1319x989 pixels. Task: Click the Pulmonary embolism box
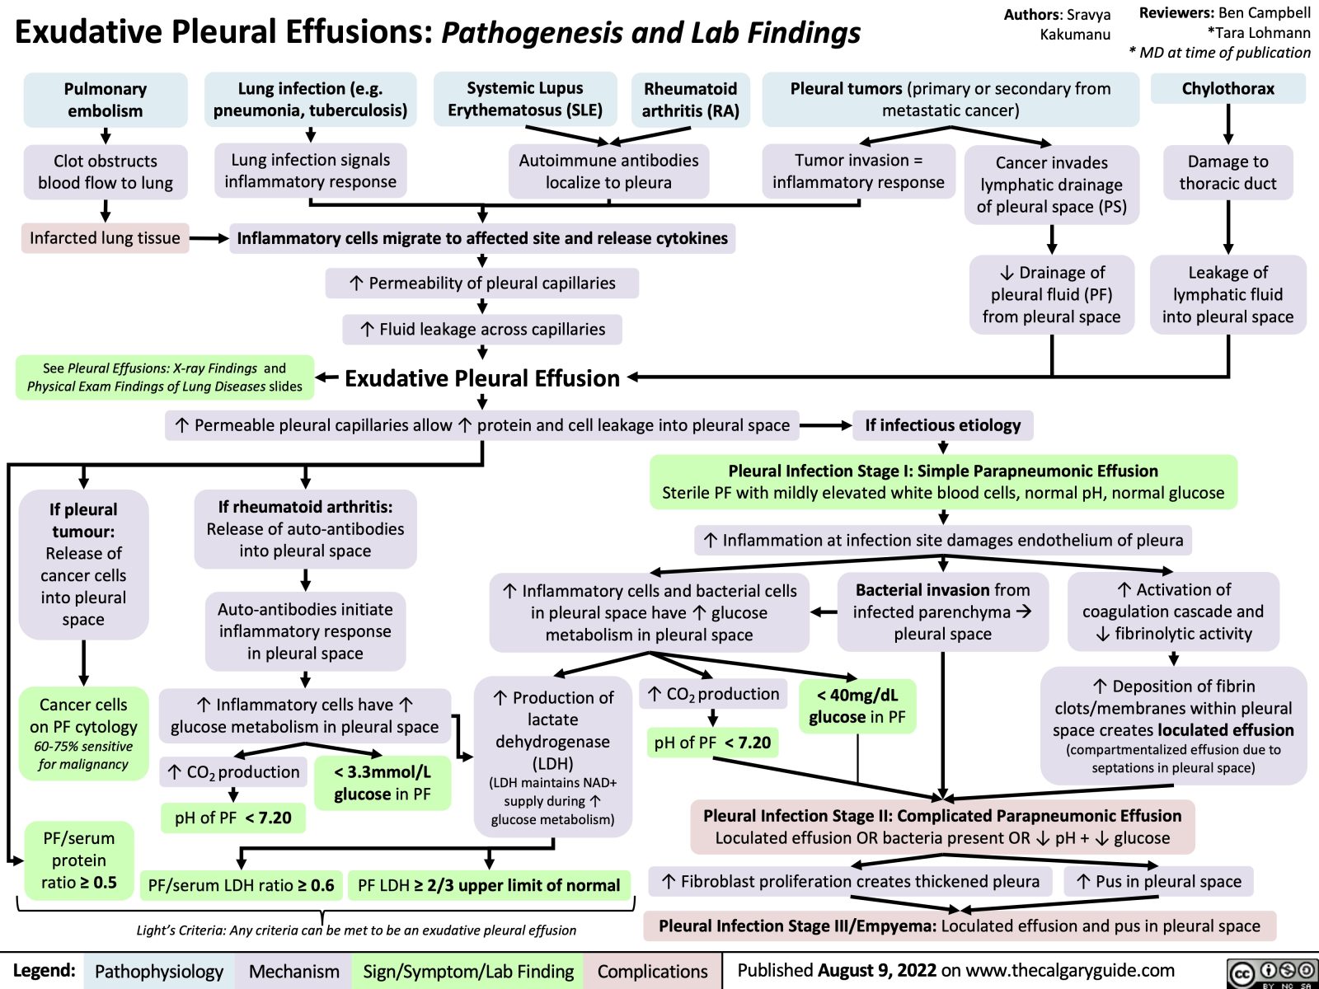click(x=106, y=100)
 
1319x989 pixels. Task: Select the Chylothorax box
click(x=1227, y=89)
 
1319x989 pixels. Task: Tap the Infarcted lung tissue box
click(x=105, y=238)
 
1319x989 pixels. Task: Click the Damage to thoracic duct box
click(x=1227, y=172)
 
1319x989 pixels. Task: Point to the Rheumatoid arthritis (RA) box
click(x=690, y=100)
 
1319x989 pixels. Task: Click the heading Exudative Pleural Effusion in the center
click(x=481, y=378)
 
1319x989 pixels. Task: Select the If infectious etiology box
click(x=942, y=425)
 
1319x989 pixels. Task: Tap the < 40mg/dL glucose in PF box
click(x=857, y=706)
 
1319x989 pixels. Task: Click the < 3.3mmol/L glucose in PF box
click(x=383, y=783)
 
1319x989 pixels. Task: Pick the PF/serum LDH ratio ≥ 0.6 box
click(x=241, y=885)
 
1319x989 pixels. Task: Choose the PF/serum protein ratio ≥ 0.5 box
click(x=79, y=860)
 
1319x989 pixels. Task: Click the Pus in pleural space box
click(x=1159, y=881)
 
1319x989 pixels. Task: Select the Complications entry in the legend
click(x=652, y=972)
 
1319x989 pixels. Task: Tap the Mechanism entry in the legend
click(x=293, y=972)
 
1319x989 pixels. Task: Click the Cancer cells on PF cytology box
click(x=83, y=734)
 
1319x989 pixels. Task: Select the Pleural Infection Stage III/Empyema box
click(x=959, y=926)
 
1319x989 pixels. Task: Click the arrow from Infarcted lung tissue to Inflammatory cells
click(x=209, y=239)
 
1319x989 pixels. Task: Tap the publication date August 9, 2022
click(x=877, y=971)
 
